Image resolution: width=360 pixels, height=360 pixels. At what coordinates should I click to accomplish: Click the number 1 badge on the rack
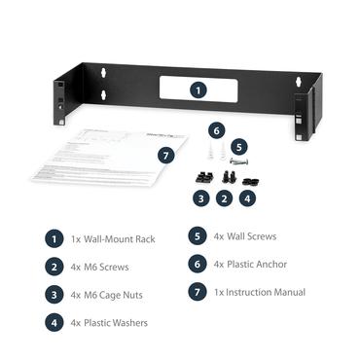point(198,89)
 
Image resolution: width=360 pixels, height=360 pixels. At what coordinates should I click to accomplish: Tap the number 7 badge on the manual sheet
point(166,155)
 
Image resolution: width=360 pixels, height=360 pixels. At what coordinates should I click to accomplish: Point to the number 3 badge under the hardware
point(200,198)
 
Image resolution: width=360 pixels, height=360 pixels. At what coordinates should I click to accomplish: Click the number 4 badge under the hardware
point(247,198)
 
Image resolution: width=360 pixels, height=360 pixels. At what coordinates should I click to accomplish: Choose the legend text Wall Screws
point(251,236)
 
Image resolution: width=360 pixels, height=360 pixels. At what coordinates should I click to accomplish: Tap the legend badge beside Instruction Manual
point(198,292)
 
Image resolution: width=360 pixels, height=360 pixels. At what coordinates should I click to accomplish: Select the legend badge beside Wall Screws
point(198,236)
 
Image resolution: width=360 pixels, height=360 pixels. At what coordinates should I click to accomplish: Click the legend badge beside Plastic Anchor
point(198,264)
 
